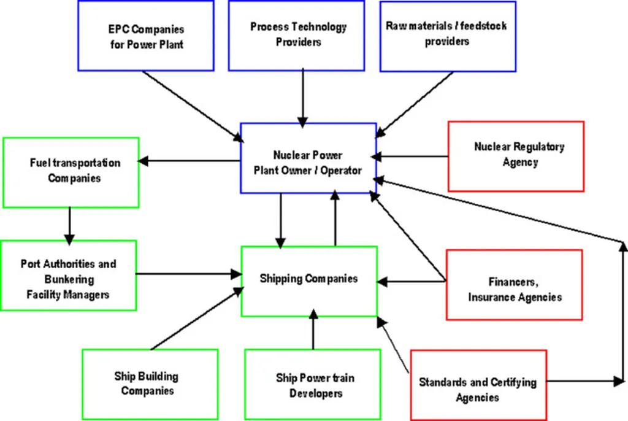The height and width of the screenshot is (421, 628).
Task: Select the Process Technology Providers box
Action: click(297, 35)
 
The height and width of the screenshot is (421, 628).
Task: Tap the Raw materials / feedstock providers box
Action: click(447, 35)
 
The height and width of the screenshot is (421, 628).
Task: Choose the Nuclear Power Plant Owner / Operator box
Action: click(308, 163)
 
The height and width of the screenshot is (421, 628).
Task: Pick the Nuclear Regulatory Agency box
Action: click(516, 155)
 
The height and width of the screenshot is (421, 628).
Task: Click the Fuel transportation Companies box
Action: click(71, 172)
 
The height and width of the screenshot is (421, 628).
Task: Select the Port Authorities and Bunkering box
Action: click(68, 274)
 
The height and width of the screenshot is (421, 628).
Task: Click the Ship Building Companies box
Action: click(150, 384)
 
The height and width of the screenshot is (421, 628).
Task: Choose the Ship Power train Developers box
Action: click(313, 385)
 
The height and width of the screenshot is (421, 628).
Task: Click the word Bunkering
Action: click(68, 280)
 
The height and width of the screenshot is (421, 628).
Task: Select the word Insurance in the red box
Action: click(492, 297)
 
